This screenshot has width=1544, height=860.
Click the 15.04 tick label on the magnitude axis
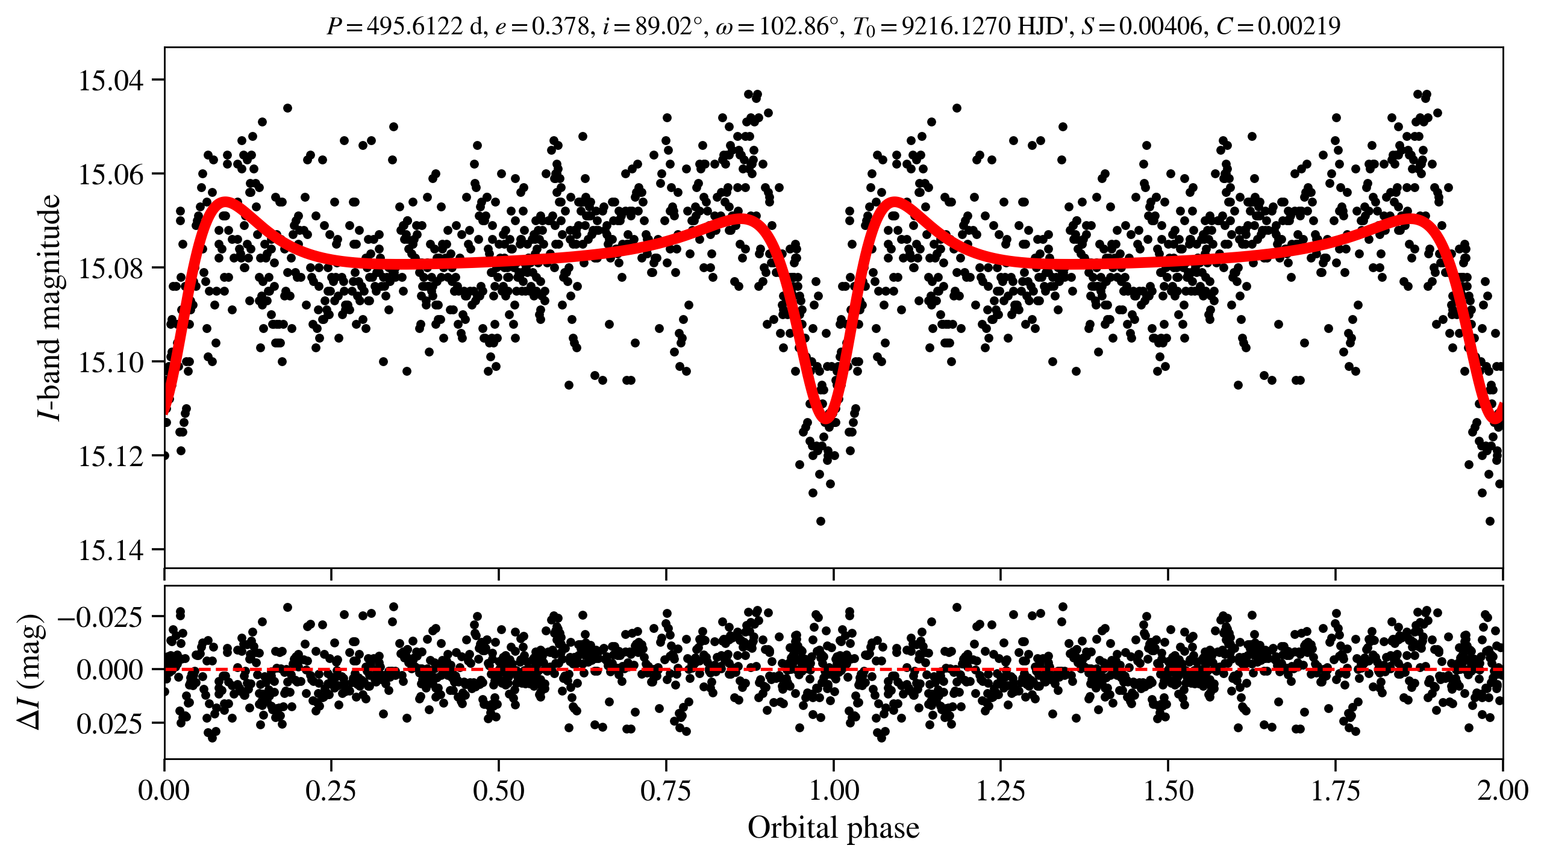point(111,81)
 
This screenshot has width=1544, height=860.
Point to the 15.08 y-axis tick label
point(111,269)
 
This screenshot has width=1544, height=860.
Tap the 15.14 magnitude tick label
point(111,550)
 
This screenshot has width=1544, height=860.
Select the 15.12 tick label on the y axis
point(111,456)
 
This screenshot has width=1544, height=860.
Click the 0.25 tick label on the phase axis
point(331,791)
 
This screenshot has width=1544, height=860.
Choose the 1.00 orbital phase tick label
point(833,791)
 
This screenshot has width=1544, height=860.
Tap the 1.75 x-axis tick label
point(1336,791)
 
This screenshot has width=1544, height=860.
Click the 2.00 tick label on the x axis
point(1502,791)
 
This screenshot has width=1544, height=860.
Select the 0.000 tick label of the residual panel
point(110,670)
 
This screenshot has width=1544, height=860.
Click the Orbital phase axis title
point(833,828)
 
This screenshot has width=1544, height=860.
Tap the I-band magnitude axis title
point(49,307)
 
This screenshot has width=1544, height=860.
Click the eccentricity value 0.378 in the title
point(560,26)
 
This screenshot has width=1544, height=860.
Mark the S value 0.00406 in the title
point(1160,26)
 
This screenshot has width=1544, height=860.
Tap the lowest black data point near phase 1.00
point(820,521)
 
